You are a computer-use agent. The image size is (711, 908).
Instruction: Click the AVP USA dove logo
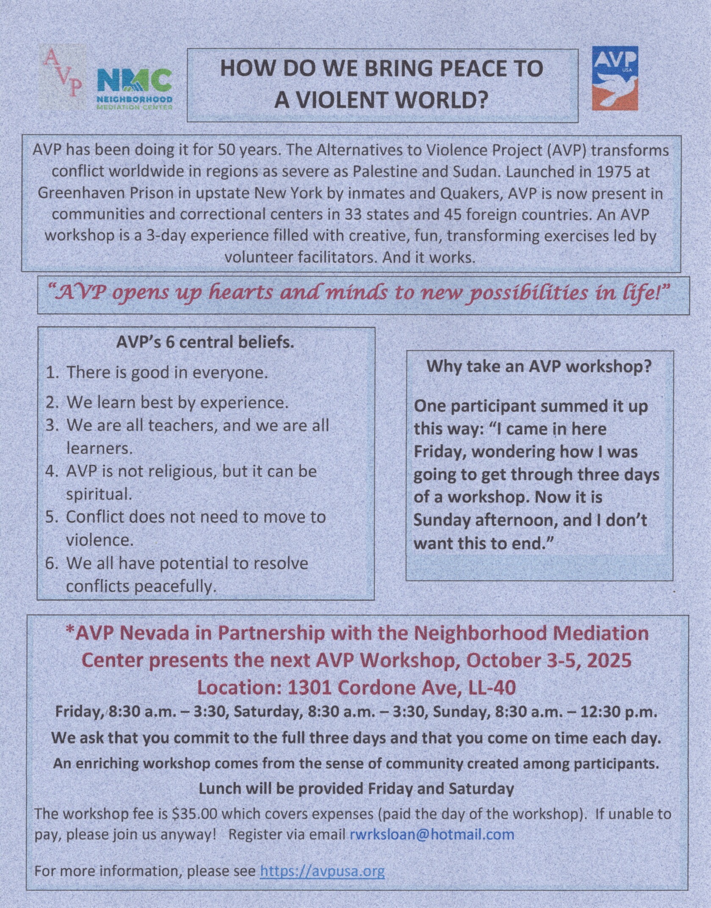(x=614, y=78)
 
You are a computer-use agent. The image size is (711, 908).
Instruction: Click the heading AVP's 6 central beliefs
(x=205, y=342)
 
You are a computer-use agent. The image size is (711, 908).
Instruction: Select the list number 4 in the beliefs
(x=51, y=472)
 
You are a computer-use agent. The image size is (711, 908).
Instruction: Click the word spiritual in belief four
(x=99, y=494)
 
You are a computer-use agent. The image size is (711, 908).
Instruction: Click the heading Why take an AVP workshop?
(x=539, y=366)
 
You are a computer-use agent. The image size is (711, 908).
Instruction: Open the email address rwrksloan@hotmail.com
(x=432, y=834)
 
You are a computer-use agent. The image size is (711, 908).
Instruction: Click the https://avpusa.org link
(x=322, y=871)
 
